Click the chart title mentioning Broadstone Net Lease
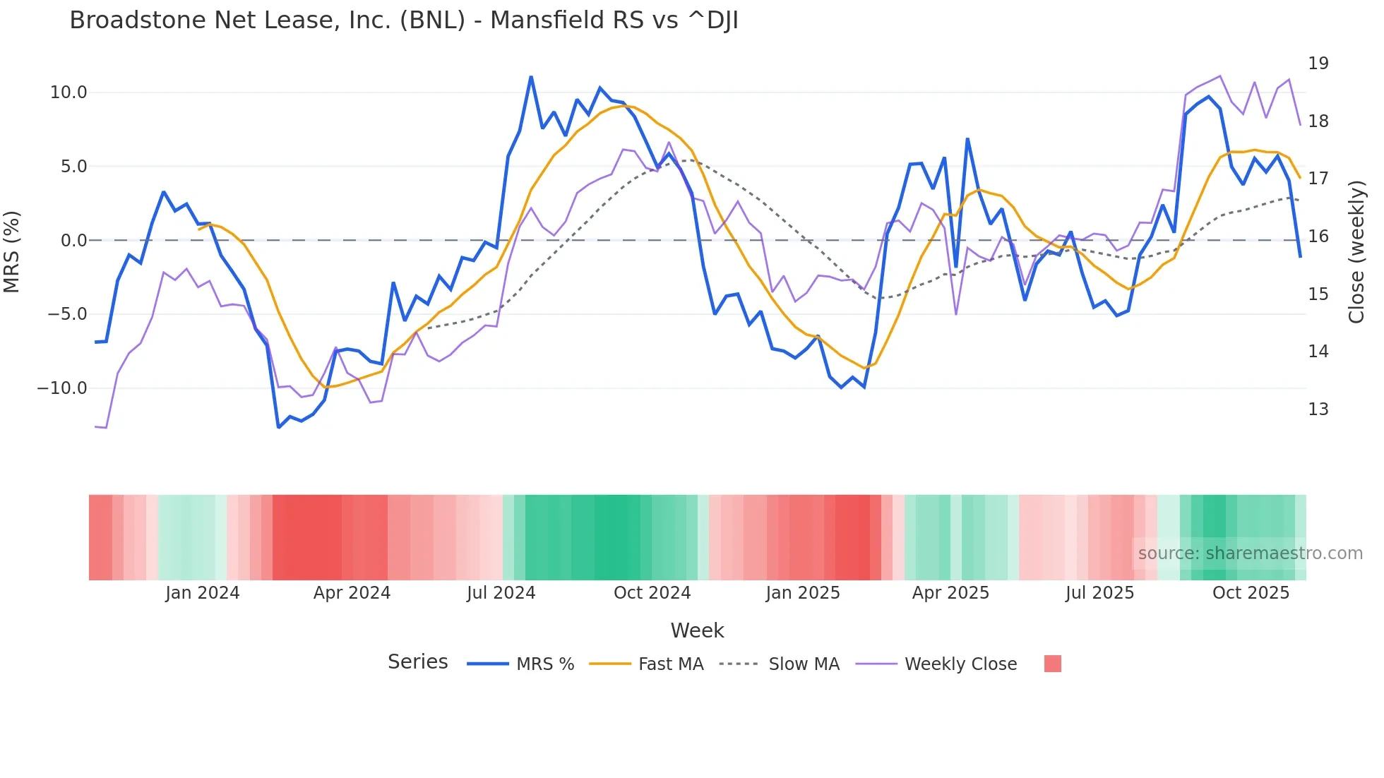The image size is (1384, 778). click(x=404, y=20)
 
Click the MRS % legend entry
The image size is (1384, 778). click(x=544, y=664)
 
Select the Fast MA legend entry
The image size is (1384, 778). click(x=670, y=664)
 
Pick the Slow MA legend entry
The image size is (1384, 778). click(x=804, y=664)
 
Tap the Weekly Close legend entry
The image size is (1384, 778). click(x=960, y=664)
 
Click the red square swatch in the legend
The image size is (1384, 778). click(x=1052, y=664)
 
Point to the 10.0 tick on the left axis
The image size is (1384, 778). click(x=68, y=92)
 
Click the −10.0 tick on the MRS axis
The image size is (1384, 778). click(x=62, y=388)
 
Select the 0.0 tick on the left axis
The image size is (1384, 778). click(x=73, y=241)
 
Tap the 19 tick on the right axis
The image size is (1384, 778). click(x=1318, y=64)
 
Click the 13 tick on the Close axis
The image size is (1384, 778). click(x=1318, y=409)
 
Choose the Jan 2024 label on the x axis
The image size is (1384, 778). click(x=203, y=593)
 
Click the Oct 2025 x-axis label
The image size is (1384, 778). click(x=1251, y=593)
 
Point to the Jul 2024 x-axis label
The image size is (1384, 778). click(x=501, y=593)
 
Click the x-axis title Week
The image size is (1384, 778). click(x=697, y=630)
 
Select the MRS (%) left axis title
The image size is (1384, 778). click(x=12, y=251)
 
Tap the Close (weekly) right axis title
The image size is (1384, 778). click(x=1356, y=252)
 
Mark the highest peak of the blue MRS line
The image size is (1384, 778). click(x=531, y=77)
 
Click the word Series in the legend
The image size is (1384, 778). click(x=417, y=662)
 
